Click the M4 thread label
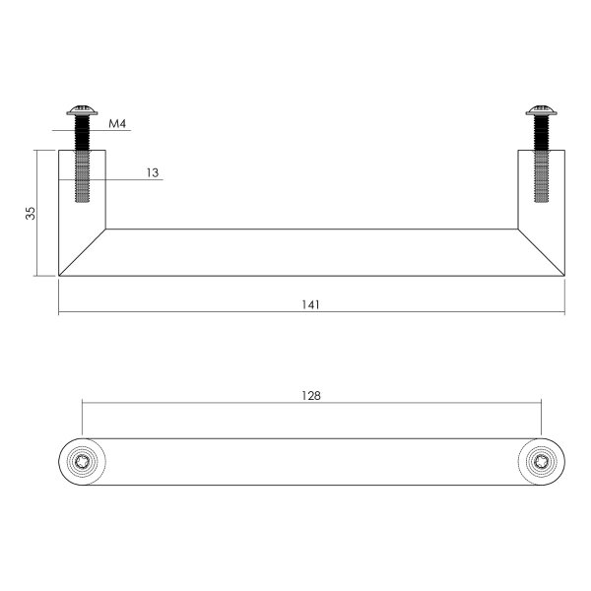[x=117, y=124]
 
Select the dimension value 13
[x=152, y=172]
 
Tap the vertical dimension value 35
[x=31, y=213]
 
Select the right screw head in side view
[x=541, y=111]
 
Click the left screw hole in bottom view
[x=83, y=460]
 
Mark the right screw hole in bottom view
[x=541, y=460]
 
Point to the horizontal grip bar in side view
[x=311, y=252]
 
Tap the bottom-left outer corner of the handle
[x=59, y=276]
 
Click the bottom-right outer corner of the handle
[x=564, y=276]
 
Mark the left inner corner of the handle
[x=104, y=230]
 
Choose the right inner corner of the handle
[x=519, y=230]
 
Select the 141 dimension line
[x=197, y=314]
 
